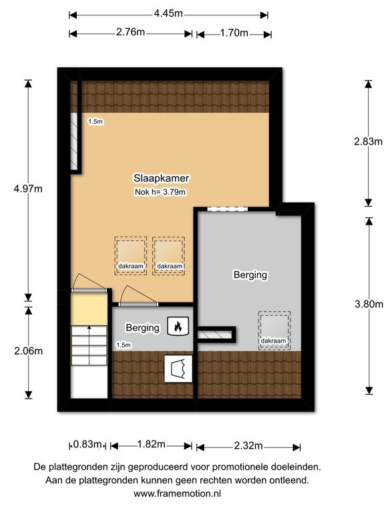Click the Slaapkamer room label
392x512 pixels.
click(162, 178)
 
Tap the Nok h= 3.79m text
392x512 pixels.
click(160, 192)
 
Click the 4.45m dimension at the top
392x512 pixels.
click(168, 14)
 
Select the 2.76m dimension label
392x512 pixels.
click(130, 32)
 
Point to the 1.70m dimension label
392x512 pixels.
click(234, 33)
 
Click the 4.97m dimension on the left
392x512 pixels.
click(28, 189)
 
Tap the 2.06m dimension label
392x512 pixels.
click(29, 351)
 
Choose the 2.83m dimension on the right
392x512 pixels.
click(368, 141)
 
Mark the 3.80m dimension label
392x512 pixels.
click(369, 304)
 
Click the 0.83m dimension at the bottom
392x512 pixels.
click(87, 445)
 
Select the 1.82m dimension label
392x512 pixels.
click(151, 444)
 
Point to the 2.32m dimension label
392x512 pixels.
click(248, 445)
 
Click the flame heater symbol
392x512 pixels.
click(178, 326)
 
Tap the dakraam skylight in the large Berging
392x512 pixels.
click(274, 331)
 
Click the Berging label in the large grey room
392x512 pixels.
click(250, 275)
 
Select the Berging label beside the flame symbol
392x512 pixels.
click(143, 327)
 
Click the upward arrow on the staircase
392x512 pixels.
click(89, 345)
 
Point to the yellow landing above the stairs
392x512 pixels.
click(89, 309)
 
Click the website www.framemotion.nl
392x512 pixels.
click(177, 493)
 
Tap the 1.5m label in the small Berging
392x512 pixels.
click(124, 345)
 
